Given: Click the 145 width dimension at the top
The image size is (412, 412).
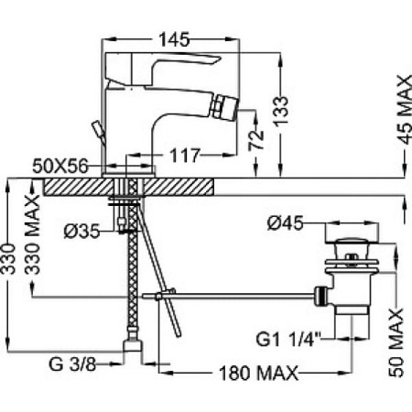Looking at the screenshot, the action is coord(174,39).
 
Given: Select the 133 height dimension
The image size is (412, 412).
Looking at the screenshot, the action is coord(280,112).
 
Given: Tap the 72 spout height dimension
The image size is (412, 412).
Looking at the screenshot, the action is coord(256,140).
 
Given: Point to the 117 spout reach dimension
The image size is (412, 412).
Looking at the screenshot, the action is coord(185,156).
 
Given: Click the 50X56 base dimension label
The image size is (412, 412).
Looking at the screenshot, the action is coord(60,167).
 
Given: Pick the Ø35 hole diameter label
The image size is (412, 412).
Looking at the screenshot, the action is coord(81,232).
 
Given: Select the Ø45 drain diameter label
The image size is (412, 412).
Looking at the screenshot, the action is coord(285,223).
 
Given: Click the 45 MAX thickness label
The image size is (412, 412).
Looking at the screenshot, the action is coord(406,110).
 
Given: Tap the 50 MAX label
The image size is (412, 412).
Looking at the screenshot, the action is coord(396,342).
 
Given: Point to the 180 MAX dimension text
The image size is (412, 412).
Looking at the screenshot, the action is coord(259,373).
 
